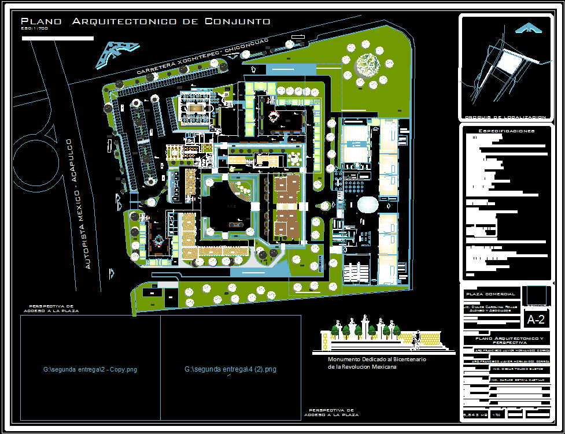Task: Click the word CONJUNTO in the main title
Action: click(x=238, y=21)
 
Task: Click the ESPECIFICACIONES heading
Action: click(x=505, y=131)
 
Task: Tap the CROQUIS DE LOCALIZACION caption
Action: click(x=505, y=117)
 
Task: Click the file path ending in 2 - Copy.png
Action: click(x=90, y=369)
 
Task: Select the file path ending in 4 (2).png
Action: click(x=230, y=369)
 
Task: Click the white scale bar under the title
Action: click(x=57, y=38)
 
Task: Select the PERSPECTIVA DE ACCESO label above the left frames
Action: click(x=51, y=308)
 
